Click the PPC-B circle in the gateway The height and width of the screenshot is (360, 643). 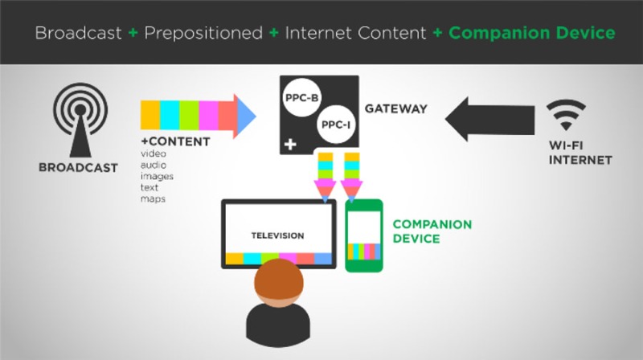click(302, 98)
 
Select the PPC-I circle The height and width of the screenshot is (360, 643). click(336, 125)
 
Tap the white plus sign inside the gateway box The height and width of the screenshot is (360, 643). click(290, 145)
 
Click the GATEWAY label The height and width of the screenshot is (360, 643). click(395, 108)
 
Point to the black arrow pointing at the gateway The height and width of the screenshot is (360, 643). click(489, 119)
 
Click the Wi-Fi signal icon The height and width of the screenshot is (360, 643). click(566, 115)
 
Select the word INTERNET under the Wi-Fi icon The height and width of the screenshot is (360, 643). click(580, 160)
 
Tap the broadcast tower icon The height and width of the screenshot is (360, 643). click(80, 120)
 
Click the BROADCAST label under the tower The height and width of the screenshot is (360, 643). click(78, 168)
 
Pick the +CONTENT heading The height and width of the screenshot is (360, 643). click(175, 141)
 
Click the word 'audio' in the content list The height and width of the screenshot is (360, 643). click(154, 165)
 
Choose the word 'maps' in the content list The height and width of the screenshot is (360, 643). click(153, 198)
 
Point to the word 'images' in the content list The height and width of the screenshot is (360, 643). click(157, 176)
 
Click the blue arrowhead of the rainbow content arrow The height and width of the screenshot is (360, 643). click(246, 116)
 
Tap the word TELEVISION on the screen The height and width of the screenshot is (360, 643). click(277, 235)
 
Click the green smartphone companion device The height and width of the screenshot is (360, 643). click(364, 235)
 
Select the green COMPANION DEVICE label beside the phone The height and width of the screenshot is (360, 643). click(432, 231)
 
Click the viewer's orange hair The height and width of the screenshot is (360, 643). click(279, 281)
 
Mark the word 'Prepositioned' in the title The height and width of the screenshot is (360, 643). click(203, 33)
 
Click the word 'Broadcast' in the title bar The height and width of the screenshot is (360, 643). click(78, 33)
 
